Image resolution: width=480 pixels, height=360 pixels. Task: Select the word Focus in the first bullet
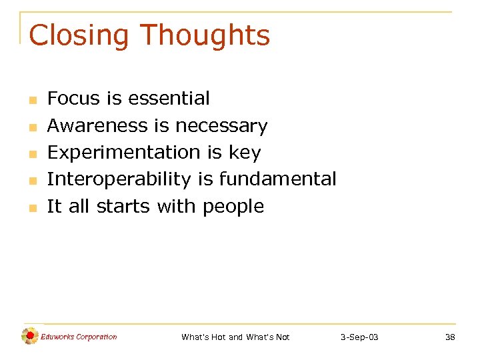[73, 99]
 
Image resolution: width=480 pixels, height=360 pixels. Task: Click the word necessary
[221, 125]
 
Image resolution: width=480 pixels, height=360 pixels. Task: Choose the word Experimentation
[124, 153]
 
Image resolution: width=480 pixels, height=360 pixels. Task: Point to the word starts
[124, 207]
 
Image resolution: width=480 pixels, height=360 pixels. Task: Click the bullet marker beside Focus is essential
[31, 100]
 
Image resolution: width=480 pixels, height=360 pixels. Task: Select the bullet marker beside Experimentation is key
[31, 154]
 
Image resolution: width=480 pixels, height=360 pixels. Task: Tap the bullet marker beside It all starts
[31, 208]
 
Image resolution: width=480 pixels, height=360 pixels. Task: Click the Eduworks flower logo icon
[29, 337]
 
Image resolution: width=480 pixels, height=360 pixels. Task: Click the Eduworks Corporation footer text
[79, 337]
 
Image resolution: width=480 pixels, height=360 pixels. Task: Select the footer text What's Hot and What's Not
[235, 337]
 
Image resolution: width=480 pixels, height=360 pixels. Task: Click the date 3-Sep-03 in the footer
[359, 337]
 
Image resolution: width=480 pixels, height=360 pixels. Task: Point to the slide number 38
[450, 337]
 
